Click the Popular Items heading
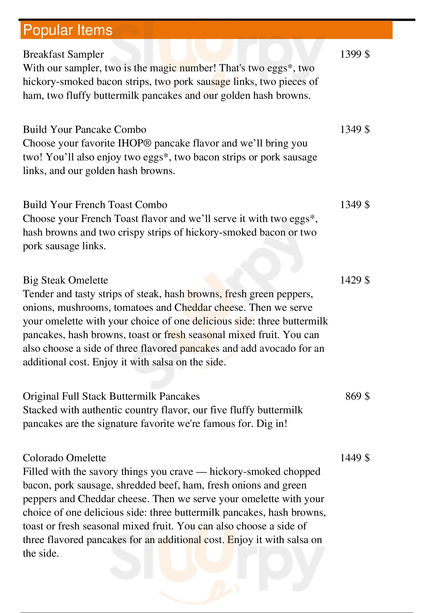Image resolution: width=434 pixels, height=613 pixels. coord(68,30)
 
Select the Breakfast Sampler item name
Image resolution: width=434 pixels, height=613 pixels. coord(63,54)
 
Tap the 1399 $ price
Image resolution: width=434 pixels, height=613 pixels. coord(355,54)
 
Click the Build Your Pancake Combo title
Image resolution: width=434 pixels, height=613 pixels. coord(84,129)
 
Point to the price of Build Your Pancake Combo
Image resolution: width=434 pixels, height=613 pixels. coord(355,129)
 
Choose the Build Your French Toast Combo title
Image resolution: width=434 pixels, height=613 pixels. coord(95,205)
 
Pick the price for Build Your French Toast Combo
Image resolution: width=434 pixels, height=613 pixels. coord(355,205)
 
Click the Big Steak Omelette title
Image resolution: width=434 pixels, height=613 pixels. coord(66,280)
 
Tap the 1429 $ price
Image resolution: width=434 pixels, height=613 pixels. coord(355,280)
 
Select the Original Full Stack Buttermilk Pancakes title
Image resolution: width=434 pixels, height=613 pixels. coord(111,396)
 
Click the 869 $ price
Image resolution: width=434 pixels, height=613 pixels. coord(357,396)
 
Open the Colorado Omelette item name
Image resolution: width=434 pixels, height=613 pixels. coord(64,458)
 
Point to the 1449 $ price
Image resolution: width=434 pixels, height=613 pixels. coord(355,458)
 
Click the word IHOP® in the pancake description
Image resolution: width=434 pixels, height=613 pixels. coord(134,143)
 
